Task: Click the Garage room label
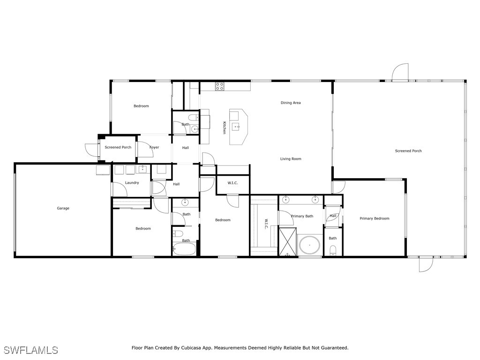pos(63,208)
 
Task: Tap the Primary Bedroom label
pos(375,218)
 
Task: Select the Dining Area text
pos(291,103)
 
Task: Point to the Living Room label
pos(291,158)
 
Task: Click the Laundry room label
pos(132,182)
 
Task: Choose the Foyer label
pos(154,147)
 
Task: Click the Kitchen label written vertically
pos(224,127)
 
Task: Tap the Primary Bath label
pos(302,216)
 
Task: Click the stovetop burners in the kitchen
pos(219,86)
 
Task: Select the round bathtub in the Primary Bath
pos(309,245)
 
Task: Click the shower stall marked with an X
pos(287,241)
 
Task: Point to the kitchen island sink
pos(236,127)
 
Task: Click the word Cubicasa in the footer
pos(191,348)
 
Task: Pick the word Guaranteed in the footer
pos(335,348)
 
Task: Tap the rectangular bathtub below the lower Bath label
pos(184,249)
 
